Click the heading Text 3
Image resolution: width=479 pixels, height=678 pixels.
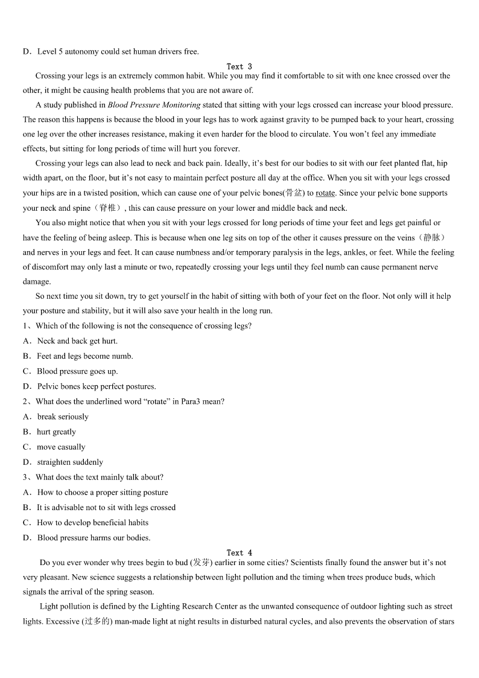point(239,66)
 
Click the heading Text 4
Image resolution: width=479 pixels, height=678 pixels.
point(239,552)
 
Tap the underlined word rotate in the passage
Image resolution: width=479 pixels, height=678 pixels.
point(325,193)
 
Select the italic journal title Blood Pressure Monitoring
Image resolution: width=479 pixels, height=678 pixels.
point(154,105)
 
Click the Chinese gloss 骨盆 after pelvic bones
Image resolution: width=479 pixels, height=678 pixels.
point(294,193)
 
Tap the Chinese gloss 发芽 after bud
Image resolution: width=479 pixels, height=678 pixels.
point(201,562)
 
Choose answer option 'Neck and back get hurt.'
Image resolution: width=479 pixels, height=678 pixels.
point(77,341)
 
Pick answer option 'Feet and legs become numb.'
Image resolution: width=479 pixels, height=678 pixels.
point(84,356)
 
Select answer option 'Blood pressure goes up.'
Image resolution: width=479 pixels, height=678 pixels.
point(77,371)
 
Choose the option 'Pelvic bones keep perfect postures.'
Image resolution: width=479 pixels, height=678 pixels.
point(97,386)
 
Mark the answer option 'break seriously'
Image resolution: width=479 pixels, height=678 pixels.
point(63,417)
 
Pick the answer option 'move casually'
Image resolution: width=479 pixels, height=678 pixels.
point(61,447)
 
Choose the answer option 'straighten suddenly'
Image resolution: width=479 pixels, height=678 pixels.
point(70,462)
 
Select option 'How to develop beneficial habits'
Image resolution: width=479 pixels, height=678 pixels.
point(92,522)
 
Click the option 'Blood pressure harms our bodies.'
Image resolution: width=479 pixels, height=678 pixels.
point(94,537)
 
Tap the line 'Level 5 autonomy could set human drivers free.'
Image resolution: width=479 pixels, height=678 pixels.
point(118,51)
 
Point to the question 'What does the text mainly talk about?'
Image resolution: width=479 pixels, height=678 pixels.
point(100,477)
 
